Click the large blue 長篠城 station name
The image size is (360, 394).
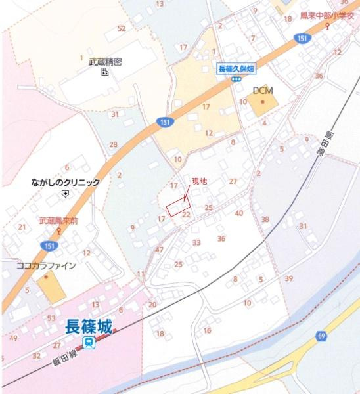90,326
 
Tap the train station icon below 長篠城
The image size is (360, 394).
89,342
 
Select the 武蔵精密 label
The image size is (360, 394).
105,61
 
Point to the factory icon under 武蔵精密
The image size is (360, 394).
104,72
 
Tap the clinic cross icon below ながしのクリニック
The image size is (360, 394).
64,194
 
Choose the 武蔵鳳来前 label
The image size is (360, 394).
58,221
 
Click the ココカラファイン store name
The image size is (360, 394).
46,266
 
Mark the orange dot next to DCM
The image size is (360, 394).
263,102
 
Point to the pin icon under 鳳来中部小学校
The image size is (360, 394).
327,27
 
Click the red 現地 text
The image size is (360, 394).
198,181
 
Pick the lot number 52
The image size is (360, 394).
121,28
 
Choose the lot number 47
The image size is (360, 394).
159,250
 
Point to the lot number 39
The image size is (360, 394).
288,279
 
